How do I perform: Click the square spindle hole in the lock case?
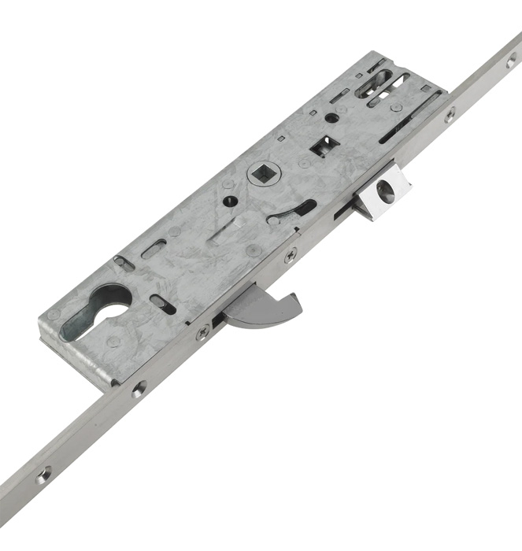click(260, 172)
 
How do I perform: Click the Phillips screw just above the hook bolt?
click(291, 254)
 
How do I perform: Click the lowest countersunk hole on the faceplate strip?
click(43, 474)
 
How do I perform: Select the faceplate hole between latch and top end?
click(450, 115)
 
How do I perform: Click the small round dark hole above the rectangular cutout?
click(331, 118)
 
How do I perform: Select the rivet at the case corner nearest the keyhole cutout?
click(53, 315)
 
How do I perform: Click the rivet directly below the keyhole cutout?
click(115, 342)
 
